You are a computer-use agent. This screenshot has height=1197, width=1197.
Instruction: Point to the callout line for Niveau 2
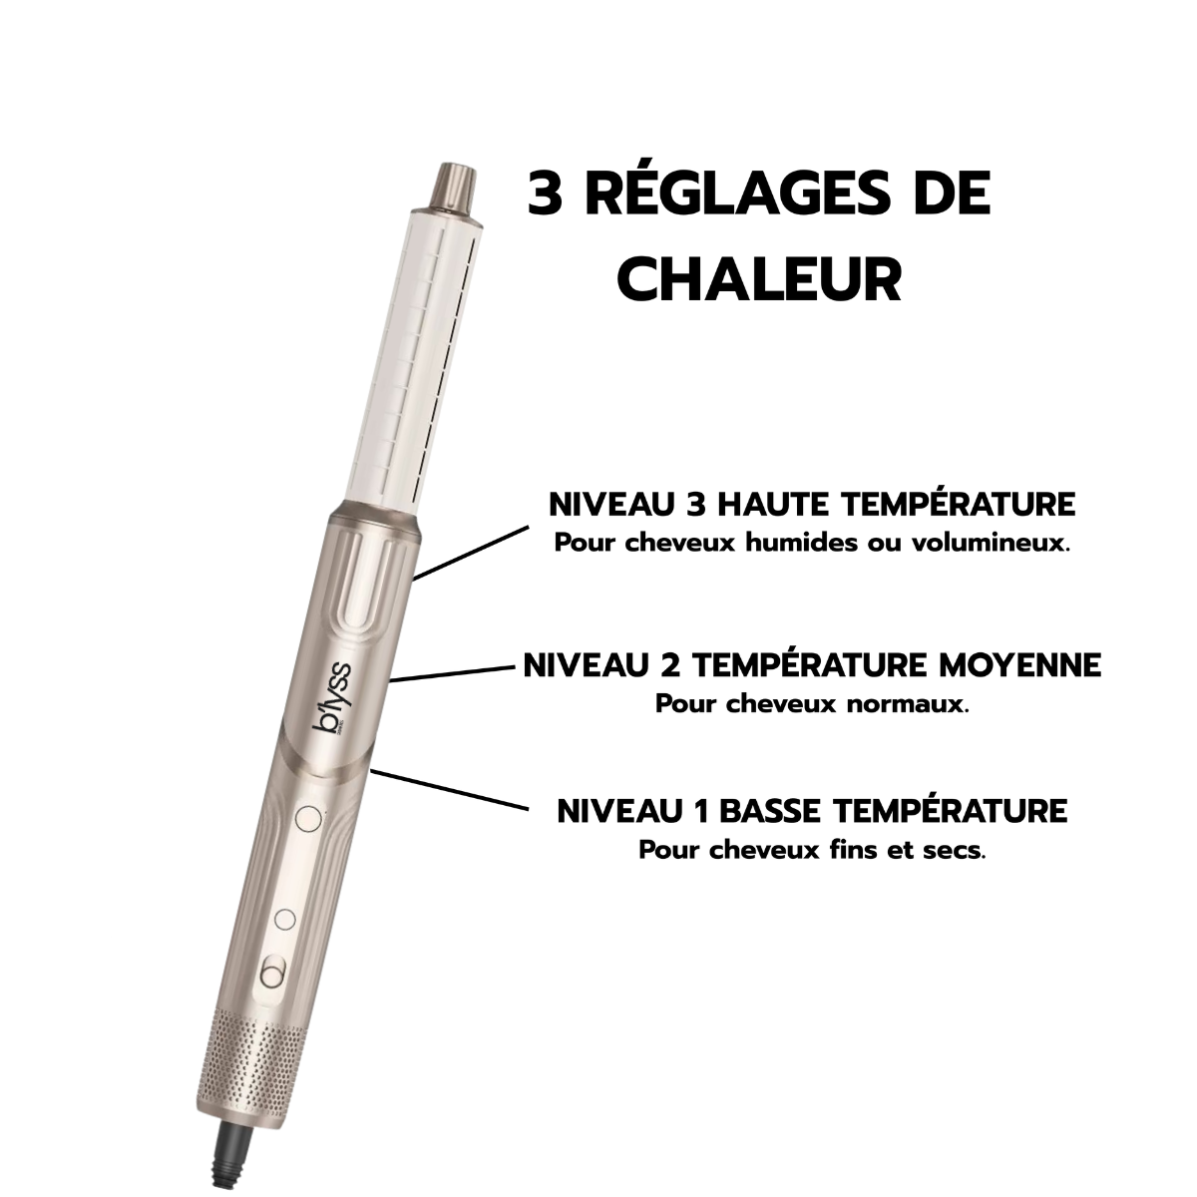(454, 674)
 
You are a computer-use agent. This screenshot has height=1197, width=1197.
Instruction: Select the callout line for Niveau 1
(449, 789)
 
